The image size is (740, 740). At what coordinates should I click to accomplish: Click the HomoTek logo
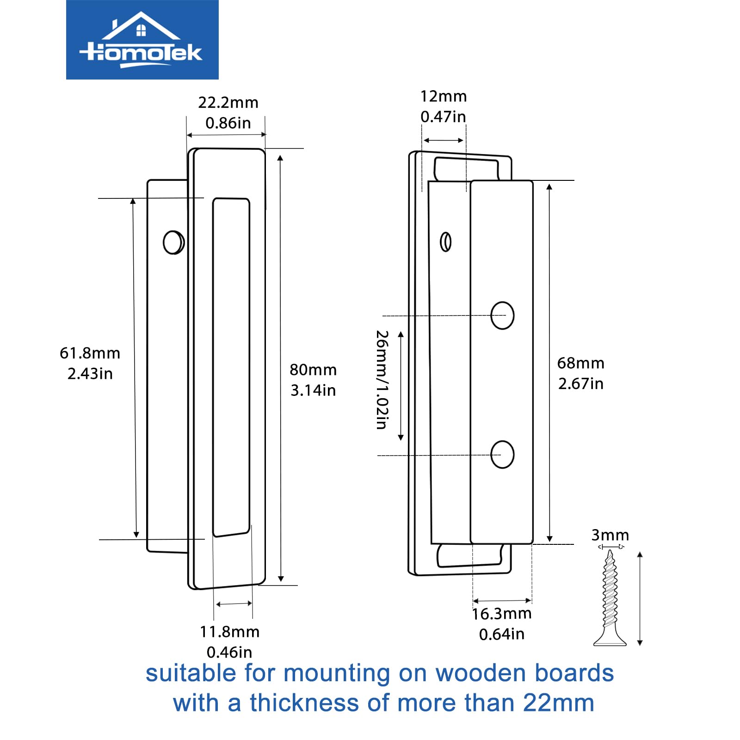pos(142,40)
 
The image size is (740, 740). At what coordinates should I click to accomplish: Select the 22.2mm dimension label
pos(228,103)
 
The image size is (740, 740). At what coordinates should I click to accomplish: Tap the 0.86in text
pos(228,123)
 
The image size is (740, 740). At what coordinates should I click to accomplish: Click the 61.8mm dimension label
pos(90,353)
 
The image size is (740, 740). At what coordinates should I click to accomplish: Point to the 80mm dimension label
pos(313,370)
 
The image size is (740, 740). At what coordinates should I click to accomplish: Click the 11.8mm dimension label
pos(229,632)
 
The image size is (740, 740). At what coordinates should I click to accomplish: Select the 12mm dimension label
pos(443,96)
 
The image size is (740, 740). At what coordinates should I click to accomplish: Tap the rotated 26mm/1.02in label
pos(382,379)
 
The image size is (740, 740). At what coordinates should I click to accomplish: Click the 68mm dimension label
pos(580,364)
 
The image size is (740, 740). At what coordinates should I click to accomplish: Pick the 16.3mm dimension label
pos(502,614)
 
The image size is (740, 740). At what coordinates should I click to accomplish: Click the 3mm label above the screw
pos(610,535)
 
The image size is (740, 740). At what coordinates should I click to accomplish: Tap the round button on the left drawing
pos(173,242)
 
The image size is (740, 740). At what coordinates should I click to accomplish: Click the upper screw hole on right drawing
pos(502,315)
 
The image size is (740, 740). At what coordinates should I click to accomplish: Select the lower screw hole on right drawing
pos(502,455)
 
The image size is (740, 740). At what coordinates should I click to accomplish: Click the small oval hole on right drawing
pos(446,241)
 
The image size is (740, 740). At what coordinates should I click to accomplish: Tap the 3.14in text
pos(313,390)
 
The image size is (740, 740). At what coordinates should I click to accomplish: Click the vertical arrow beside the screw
pos(640,598)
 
